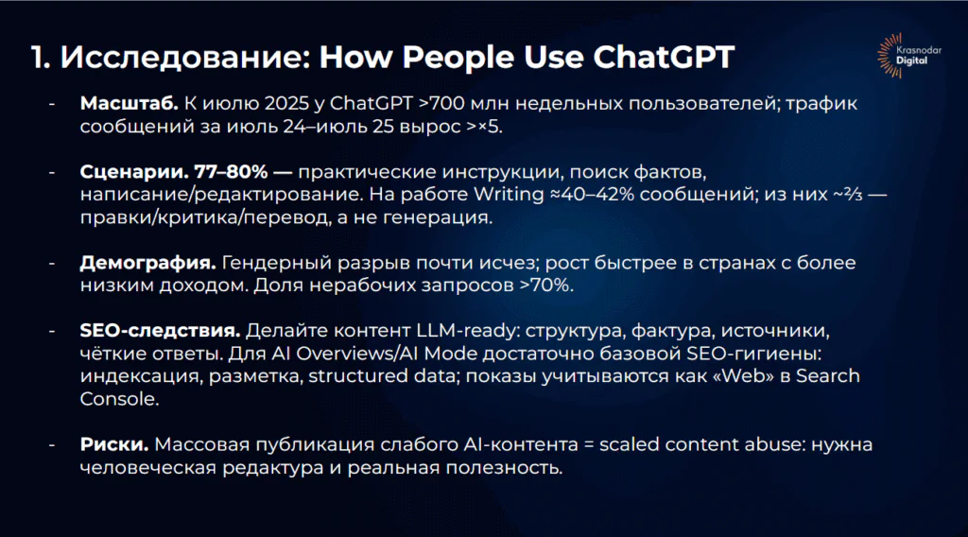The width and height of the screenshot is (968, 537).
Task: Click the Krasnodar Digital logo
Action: [908, 56]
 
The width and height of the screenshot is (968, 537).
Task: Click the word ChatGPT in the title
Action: [664, 57]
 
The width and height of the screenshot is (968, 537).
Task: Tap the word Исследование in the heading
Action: [185, 57]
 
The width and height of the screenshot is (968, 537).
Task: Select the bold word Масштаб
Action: [129, 104]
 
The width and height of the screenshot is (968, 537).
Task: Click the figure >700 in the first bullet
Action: [442, 104]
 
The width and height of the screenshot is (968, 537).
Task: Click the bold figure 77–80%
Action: [231, 171]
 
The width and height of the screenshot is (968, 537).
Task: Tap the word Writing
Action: [509, 195]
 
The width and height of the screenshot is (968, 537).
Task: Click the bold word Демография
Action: [148, 264]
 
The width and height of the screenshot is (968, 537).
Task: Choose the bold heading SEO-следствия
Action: [160, 331]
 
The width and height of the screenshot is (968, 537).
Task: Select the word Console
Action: [119, 399]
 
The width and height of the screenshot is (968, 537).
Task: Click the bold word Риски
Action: [114, 444]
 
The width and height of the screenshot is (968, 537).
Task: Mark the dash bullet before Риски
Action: [52, 445]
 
